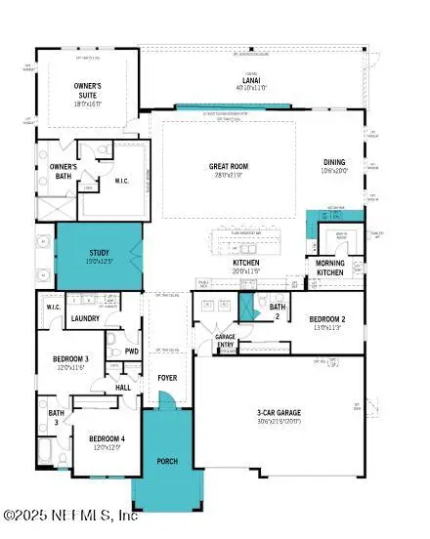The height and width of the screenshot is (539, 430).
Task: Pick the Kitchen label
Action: [244, 264]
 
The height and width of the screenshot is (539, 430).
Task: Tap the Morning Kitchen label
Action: [330, 268]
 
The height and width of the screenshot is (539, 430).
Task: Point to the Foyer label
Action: [167, 377]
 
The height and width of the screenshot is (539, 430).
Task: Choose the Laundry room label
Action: [87, 318]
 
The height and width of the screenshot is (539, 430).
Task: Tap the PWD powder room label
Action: [132, 352]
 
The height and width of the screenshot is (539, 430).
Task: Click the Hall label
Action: [123, 388]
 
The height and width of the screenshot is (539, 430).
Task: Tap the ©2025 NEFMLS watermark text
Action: [70, 515]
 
